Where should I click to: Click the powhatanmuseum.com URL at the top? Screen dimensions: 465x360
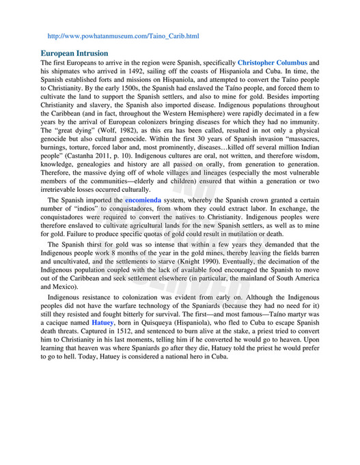click(x=123, y=35)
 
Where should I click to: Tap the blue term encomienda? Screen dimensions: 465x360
click(x=143, y=200)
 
